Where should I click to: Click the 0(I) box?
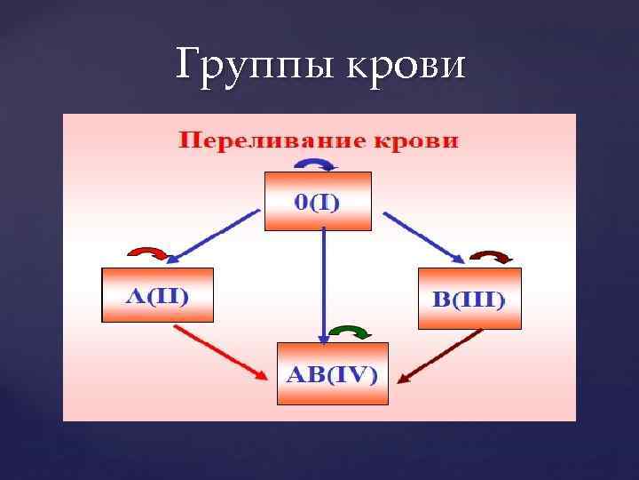(318, 201)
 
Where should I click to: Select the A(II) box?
(158, 294)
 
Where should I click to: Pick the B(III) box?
(469, 298)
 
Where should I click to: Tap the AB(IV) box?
(332, 372)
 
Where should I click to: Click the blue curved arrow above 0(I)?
(315, 164)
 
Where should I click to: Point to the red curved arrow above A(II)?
(148, 252)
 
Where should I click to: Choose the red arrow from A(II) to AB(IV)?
(221, 352)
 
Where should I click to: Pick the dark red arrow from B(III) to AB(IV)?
(440, 356)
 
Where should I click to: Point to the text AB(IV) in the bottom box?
(332, 373)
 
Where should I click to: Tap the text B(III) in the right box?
(469, 299)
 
